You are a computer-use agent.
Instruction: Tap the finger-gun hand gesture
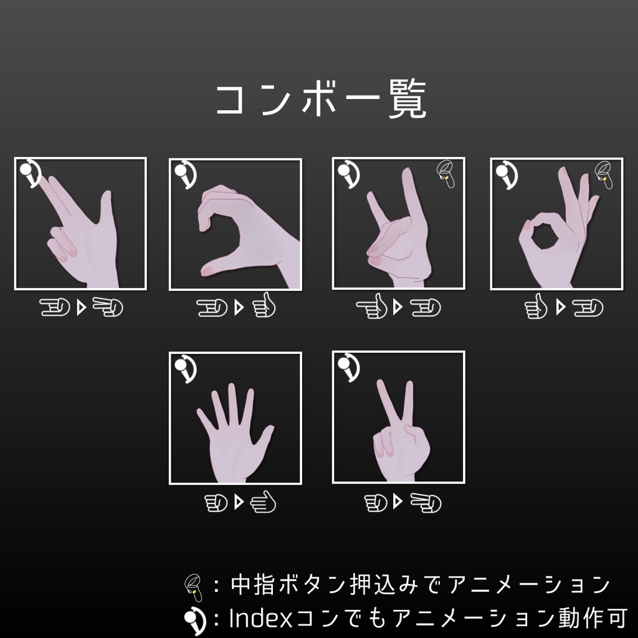click(x=81, y=231)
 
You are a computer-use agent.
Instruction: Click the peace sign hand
click(x=399, y=430)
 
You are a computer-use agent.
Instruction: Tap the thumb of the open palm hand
click(x=265, y=436)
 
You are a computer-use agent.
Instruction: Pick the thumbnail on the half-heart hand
click(x=209, y=270)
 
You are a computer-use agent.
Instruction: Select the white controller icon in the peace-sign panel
click(x=348, y=368)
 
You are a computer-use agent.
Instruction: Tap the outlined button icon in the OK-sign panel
click(x=604, y=174)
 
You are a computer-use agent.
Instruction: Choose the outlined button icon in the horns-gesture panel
click(x=445, y=174)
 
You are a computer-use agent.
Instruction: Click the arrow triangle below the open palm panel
click(x=237, y=502)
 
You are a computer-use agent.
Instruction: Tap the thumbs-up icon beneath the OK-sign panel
click(x=535, y=307)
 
